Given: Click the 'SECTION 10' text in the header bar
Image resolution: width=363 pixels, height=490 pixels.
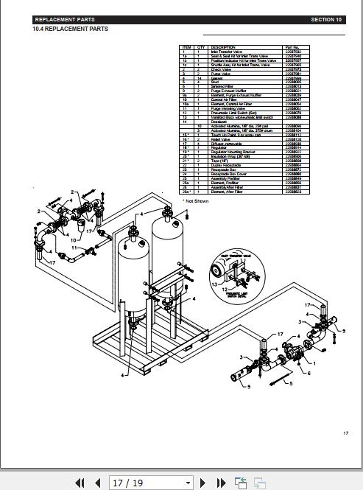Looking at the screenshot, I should (326, 20).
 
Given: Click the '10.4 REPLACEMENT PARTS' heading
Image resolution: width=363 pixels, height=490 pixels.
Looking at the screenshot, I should (70, 29).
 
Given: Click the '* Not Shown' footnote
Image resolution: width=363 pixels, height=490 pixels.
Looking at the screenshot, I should (196, 200).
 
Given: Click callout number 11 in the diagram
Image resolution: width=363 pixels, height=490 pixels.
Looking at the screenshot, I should (74, 248).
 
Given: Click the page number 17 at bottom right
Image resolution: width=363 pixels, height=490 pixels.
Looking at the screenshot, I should (345, 433).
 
